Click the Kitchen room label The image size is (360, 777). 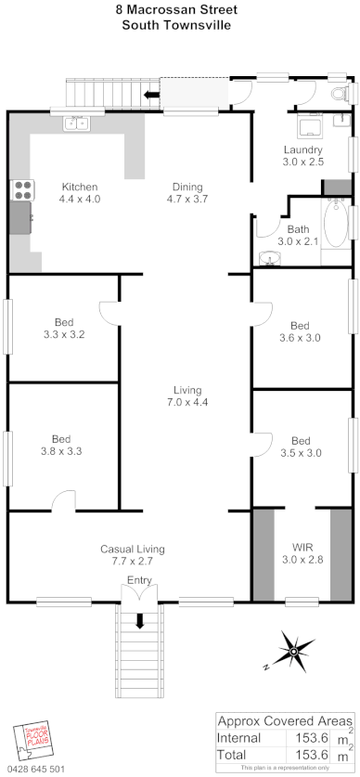click(x=79, y=192)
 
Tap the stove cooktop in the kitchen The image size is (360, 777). click(x=20, y=190)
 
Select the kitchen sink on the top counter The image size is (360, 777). click(x=77, y=121)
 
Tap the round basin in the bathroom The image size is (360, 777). click(x=271, y=257)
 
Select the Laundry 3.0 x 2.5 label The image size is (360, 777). click(x=303, y=155)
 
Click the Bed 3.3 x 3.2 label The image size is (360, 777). click(x=63, y=329)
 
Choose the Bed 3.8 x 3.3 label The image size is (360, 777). click(x=61, y=446)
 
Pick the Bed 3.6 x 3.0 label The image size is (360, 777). click(x=300, y=331)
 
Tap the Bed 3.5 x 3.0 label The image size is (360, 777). click(x=300, y=447)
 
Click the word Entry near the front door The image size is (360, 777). click(x=139, y=581)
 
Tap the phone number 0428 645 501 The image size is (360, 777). click(x=37, y=769)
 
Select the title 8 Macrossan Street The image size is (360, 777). click(x=176, y=10)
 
